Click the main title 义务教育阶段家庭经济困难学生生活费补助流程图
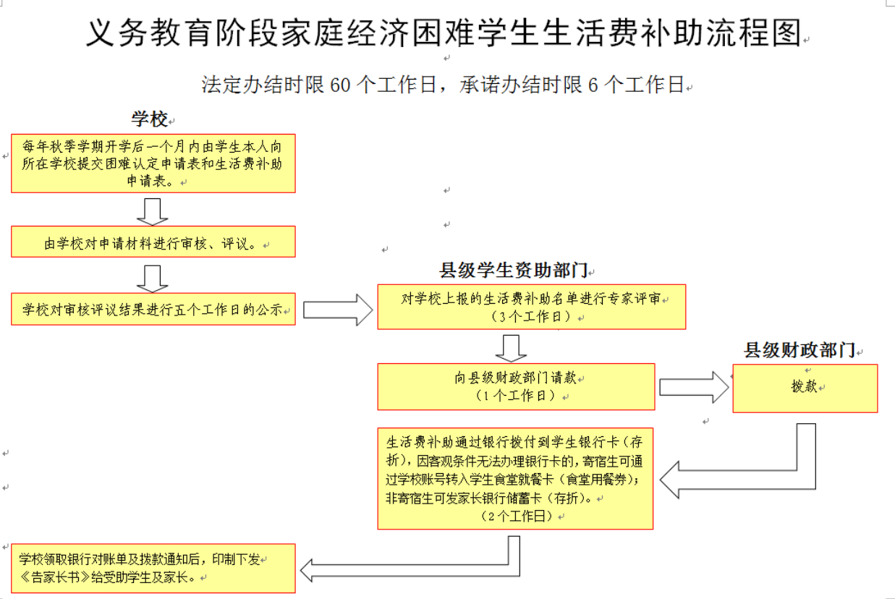pos(444,33)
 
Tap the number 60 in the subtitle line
pos(340,85)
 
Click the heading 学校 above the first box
pos(150,119)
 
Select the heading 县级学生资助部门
pos(514,270)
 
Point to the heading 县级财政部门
pos(799,350)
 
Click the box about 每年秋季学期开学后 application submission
pos(153,163)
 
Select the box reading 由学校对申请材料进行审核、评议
pos(153,242)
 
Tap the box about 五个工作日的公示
pos(153,309)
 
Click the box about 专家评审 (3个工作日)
pos(531,307)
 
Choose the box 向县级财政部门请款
pos(516,387)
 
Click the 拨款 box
pos(805,388)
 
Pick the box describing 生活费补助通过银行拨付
pos(515,479)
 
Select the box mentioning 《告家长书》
pos(153,568)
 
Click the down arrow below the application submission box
pos(152,212)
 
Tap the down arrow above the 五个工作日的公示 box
pos(152,279)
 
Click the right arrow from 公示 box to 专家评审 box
pos(338,310)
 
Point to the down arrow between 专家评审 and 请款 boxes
pos(511,349)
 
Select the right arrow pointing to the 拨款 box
pos(694,387)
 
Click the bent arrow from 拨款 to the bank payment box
pos(806,480)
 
